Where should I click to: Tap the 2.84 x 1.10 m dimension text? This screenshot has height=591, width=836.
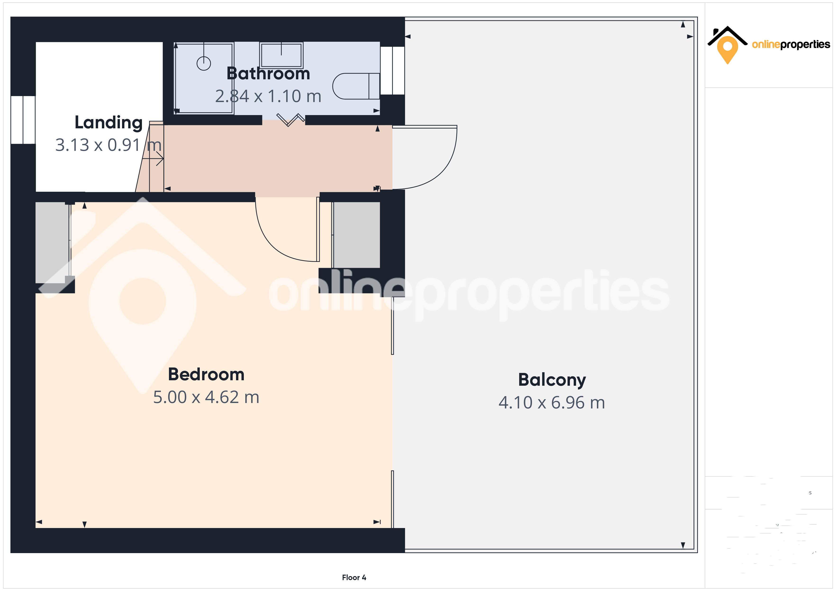(x=268, y=96)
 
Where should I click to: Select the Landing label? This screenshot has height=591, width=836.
(x=109, y=123)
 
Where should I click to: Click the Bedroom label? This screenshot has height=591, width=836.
(x=206, y=375)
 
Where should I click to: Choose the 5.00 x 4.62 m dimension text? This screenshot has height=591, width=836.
(x=206, y=397)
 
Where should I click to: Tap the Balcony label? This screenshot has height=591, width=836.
(x=552, y=380)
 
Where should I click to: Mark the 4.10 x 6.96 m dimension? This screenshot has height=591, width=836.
(x=552, y=403)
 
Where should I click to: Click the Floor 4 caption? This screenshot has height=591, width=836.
(x=354, y=578)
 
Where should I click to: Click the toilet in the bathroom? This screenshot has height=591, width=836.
(x=355, y=86)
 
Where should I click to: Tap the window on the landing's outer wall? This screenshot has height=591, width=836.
(x=23, y=120)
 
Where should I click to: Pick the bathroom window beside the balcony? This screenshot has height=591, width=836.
(x=392, y=71)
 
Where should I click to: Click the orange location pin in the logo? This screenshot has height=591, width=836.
(x=727, y=49)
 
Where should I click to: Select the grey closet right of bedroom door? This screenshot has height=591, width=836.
(x=356, y=235)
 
